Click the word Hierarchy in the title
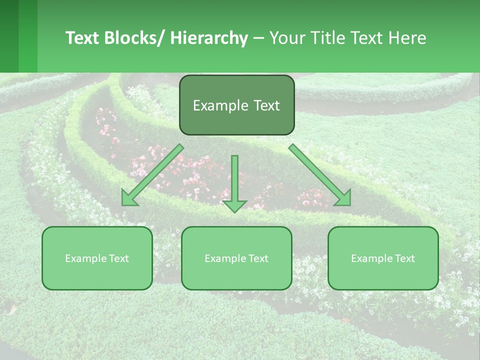click(x=209, y=38)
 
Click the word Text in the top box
click(x=266, y=105)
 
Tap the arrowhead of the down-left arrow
click(x=129, y=198)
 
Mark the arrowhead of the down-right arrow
click(x=343, y=198)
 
